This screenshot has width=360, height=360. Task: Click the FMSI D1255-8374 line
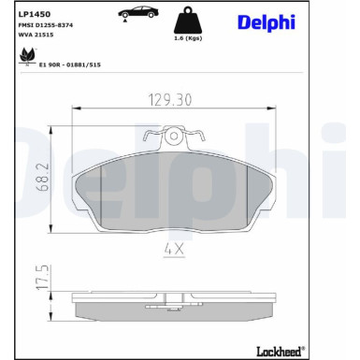(x=46, y=27)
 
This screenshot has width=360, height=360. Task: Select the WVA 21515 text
(x=36, y=38)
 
